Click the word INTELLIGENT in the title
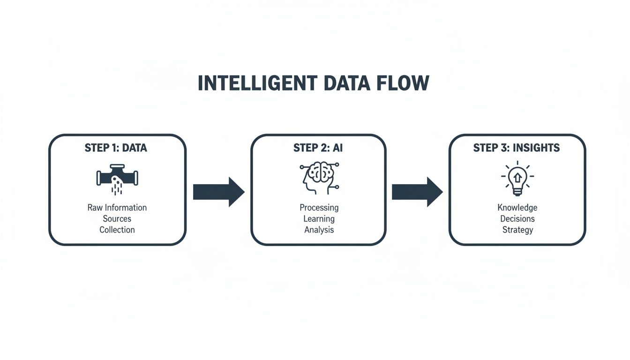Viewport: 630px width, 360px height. tap(257, 83)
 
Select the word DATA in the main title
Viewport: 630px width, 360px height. tap(347, 83)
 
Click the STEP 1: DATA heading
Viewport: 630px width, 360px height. tap(116, 148)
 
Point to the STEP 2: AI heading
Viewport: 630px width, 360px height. tap(318, 148)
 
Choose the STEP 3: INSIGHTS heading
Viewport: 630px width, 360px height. tap(516, 148)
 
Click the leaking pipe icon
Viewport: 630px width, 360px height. tap(117, 179)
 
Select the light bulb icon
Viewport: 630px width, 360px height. tap(517, 178)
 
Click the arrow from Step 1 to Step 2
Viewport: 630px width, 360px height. tap(218, 192)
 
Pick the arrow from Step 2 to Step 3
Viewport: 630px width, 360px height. tap(417, 192)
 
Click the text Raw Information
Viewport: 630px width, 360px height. tap(117, 207)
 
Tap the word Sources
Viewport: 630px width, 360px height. tap(117, 218)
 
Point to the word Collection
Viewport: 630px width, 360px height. tap(117, 230)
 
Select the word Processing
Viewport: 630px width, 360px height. tap(319, 208)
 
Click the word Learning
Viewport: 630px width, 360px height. tap(319, 219)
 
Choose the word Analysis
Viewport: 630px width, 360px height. tap(319, 230)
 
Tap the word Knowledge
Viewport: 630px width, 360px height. tap(517, 207)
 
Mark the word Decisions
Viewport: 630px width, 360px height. tap(517, 218)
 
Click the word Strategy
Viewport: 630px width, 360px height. tap(517, 230)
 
